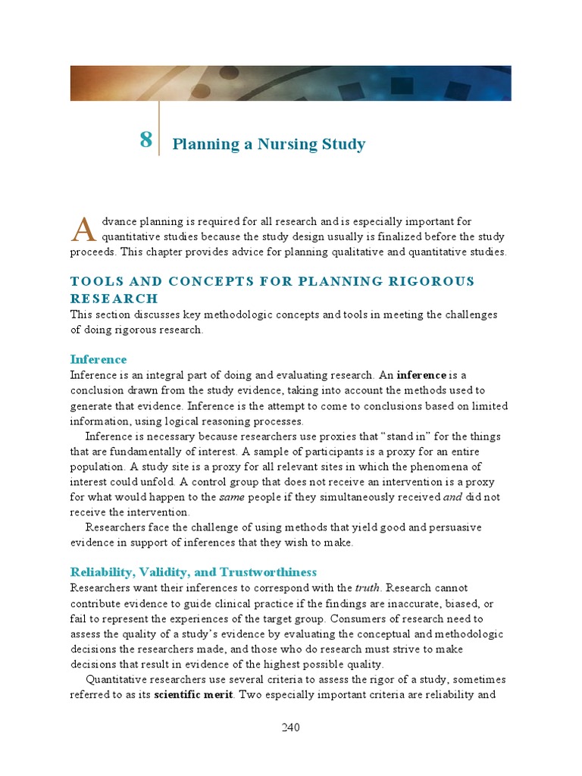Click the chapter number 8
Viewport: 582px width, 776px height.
pos(145,139)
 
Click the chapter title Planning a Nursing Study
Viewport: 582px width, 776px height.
pos(269,144)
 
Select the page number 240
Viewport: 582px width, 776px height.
pos(291,728)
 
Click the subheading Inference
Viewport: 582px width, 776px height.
pos(99,359)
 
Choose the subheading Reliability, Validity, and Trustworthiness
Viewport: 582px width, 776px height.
pos(193,572)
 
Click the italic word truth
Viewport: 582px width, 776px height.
pos(369,588)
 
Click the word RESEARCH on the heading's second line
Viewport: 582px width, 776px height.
pos(114,299)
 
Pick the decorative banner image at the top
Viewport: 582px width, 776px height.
pos(291,83)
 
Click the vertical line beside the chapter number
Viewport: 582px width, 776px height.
pos(159,128)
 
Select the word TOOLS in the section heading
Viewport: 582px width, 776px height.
pos(93,281)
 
